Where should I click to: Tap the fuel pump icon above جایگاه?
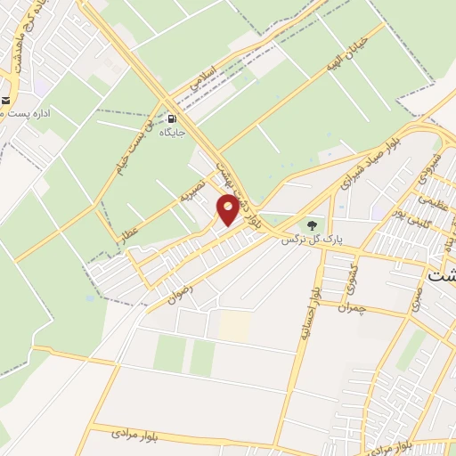pyautogui.click(x=171, y=117)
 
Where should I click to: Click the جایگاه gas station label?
pyautogui.click(x=171, y=133)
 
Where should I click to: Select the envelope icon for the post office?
pyautogui.click(x=4, y=100)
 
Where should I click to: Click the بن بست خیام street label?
pyautogui.click(x=126, y=151)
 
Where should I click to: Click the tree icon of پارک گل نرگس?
pyautogui.click(x=311, y=224)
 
